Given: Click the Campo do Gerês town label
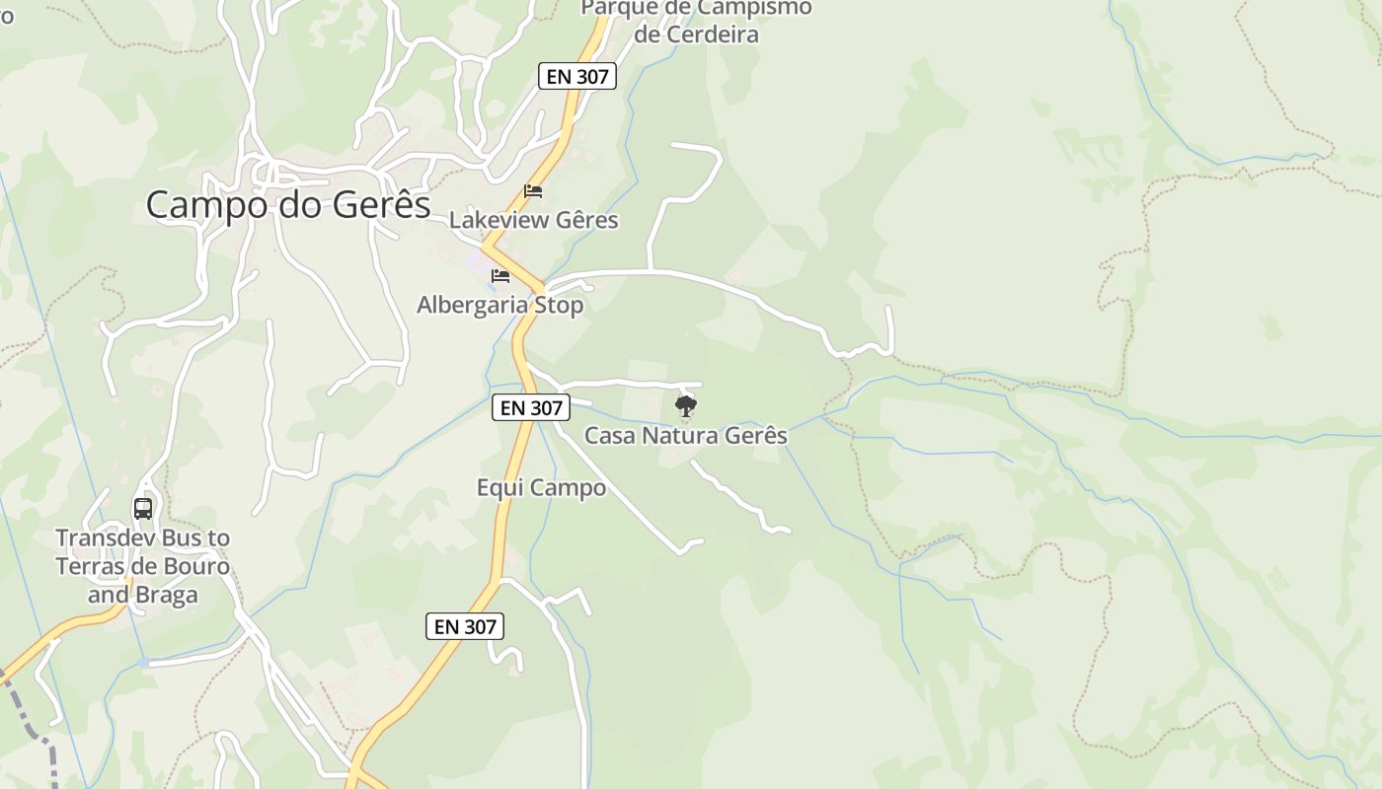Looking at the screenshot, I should click(x=288, y=204).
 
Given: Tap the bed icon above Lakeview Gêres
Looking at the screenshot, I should click(x=533, y=190).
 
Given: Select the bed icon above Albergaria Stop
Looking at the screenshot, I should click(x=500, y=275).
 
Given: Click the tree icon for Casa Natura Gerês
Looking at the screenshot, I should click(x=686, y=405).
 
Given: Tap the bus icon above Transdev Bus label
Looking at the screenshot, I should click(x=143, y=509).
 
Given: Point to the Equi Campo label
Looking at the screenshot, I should click(x=541, y=487).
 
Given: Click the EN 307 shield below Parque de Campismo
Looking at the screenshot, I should click(x=577, y=76).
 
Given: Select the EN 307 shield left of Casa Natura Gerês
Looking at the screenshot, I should click(x=531, y=407).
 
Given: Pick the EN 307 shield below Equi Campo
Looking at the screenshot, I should click(x=465, y=625).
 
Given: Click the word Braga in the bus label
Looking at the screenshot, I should click(x=170, y=595).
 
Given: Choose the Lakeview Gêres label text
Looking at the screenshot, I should click(x=533, y=220).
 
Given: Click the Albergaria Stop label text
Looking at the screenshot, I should click(x=499, y=305).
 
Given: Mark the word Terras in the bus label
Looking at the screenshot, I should click(x=88, y=566).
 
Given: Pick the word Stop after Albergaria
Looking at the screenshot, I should click(x=558, y=305).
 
